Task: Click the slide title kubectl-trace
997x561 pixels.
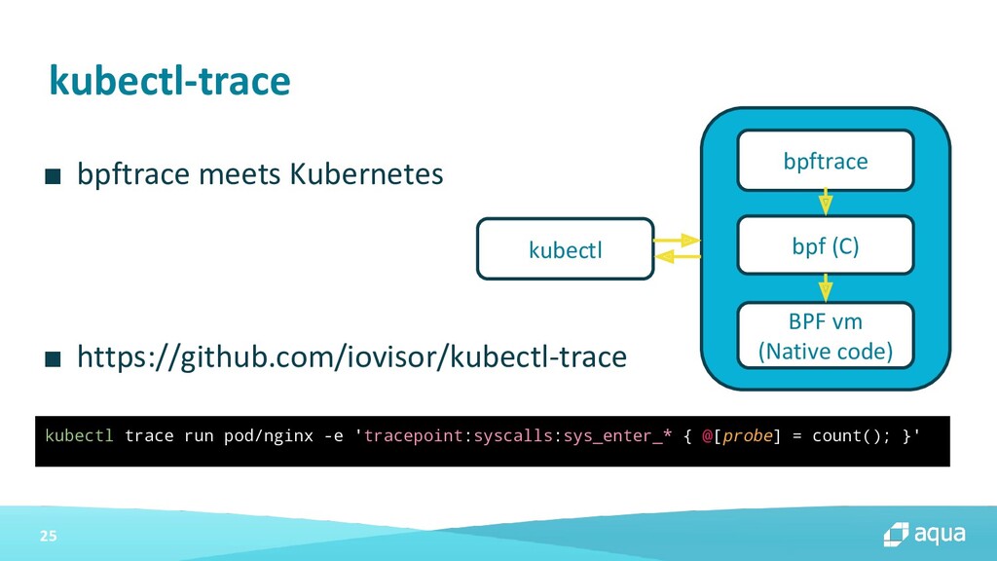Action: pos(169,81)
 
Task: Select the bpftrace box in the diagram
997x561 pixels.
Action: pos(826,161)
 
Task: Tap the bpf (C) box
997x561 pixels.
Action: pos(826,245)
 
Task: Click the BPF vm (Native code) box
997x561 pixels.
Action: pos(826,336)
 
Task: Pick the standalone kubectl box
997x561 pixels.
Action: pos(566,248)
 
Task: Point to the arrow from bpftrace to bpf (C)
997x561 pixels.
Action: pos(826,202)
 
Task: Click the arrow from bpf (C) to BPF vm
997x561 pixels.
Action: pos(826,287)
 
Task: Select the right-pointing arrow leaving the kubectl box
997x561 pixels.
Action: pos(677,241)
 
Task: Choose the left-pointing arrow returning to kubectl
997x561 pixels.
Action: pos(678,256)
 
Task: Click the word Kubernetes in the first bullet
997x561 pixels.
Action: pos(366,173)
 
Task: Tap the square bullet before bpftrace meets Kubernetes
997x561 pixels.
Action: pos(53,176)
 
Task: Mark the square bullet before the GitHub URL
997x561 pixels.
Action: pos(53,358)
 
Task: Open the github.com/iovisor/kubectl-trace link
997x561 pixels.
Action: pos(351,356)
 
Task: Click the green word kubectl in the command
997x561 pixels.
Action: pos(79,435)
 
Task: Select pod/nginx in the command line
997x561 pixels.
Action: pos(269,435)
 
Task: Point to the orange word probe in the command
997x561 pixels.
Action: pos(747,436)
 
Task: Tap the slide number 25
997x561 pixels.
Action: pos(49,536)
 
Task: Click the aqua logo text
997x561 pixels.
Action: pos(940,535)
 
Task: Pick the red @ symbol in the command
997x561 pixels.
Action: pos(707,436)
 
